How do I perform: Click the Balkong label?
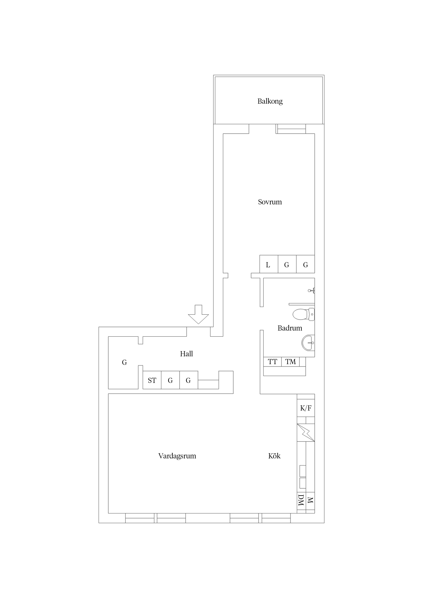point(270,101)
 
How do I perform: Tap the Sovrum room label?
point(270,202)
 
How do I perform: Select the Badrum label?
point(290,328)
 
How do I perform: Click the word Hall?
point(186,354)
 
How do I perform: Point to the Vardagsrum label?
point(177,456)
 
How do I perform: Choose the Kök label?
point(274,456)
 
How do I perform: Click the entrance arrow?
point(198,314)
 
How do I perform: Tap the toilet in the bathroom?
point(304,314)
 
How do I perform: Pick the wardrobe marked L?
point(269,264)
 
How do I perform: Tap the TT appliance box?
point(272,362)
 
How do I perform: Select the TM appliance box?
point(290,362)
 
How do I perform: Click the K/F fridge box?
point(306,408)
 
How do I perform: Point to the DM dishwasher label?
point(301,500)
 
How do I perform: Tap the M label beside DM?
point(310,500)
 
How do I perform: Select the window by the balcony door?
point(291,129)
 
